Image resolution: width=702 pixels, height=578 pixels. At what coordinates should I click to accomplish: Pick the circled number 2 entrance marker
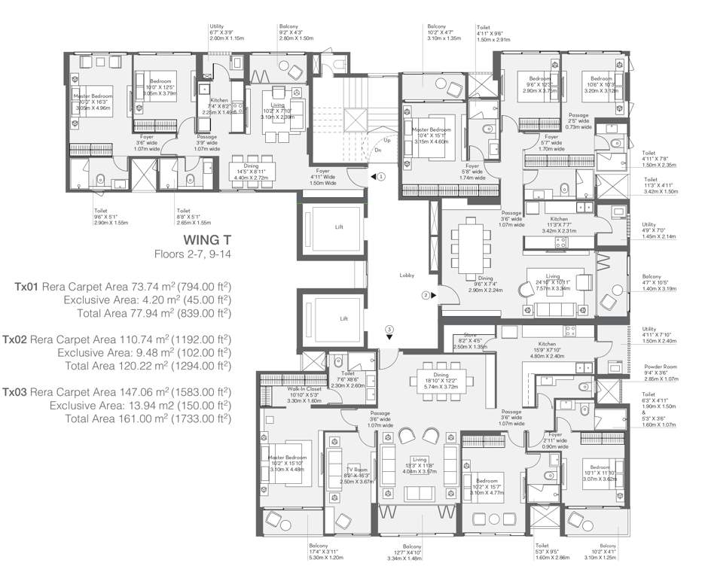tap(426, 296)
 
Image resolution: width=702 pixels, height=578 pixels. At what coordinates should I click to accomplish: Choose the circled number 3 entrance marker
tap(389, 328)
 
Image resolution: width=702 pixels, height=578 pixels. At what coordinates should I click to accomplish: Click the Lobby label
tap(407, 275)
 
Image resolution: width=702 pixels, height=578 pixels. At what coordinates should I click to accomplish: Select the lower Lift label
tap(343, 318)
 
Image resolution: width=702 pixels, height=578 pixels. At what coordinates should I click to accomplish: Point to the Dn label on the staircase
tap(378, 150)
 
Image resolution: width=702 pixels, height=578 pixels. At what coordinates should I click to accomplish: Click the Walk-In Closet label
tap(284, 388)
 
